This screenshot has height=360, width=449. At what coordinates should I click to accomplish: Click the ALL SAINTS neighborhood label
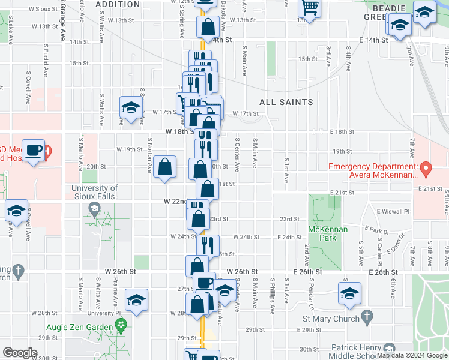tap(286, 102)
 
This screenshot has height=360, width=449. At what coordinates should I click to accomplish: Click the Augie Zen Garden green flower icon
tap(121, 327)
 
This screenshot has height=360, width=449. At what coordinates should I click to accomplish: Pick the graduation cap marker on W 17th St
tap(130, 107)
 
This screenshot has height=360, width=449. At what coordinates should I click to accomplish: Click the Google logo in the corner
tap(20, 353)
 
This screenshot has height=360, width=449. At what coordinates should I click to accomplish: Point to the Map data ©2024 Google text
tap(412, 356)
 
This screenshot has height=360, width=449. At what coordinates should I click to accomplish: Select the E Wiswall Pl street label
tap(393, 211)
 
